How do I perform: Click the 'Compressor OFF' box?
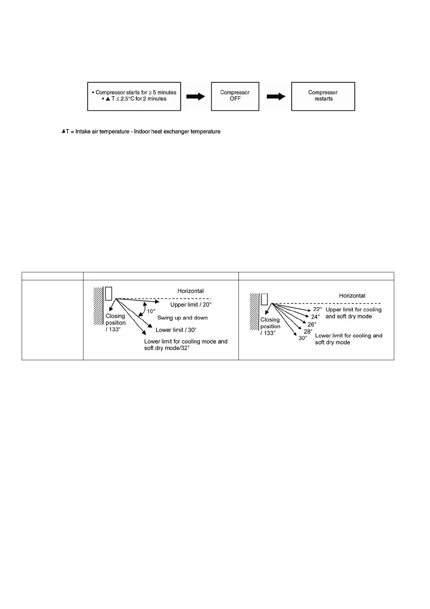(235, 96)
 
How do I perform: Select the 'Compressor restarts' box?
(323, 96)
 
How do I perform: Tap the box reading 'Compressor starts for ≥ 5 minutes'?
(134, 96)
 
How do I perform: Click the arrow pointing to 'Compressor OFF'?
(195, 97)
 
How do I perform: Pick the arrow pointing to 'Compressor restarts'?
(276, 97)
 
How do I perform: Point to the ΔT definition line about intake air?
(141, 132)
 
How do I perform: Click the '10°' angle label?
(151, 311)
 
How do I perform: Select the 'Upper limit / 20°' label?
(191, 305)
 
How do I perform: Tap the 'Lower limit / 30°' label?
(176, 330)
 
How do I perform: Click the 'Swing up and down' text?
(182, 318)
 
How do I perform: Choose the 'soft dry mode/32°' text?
(167, 348)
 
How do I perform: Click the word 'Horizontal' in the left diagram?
(190, 291)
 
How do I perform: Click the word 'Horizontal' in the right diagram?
(352, 296)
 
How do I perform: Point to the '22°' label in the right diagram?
(317, 309)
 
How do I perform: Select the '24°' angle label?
(315, 317)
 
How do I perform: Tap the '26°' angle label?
(312, 324)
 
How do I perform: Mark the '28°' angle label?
(308, 331)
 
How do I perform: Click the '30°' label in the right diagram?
(302, 338)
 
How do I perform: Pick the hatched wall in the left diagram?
(98, 306)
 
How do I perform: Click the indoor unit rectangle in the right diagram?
(265, 299)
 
